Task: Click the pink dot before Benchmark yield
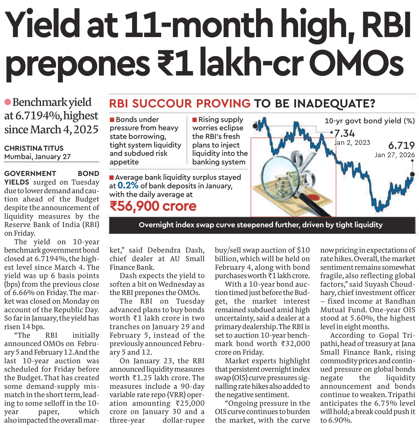[8, 102]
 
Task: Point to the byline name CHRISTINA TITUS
[34, 148]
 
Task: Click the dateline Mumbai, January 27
[37, 157]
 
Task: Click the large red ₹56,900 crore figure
[153, 206]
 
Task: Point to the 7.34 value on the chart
[345, 133]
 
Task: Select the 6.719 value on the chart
[401, 145]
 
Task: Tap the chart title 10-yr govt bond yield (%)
[370, 121]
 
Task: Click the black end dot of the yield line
[412, 174]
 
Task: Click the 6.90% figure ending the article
[340, 420]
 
